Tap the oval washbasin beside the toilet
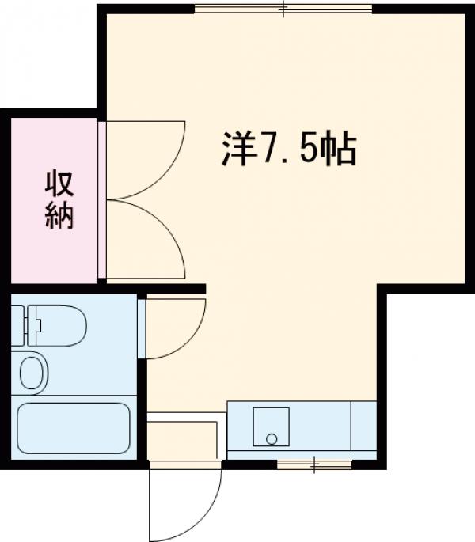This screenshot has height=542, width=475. pyautogui.click(x=32, y=373)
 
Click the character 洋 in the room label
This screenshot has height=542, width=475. pyautogui.click(x=236, y=148)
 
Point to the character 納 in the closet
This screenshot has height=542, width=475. pyautogui.click(x=58, y=216)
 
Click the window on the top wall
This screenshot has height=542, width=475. pyautogui.click(x=283, y=9)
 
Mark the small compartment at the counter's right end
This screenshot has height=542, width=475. pyautogui.click(x=364, y=427)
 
